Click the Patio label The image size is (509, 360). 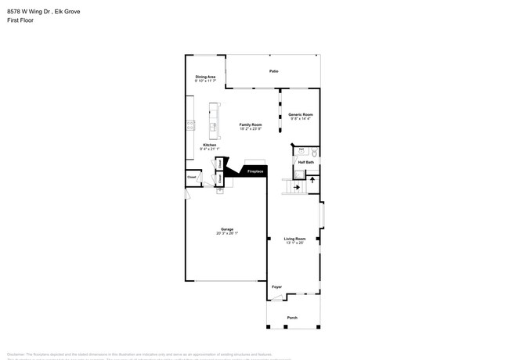274,71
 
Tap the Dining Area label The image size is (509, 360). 205,77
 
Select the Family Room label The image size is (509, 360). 251,124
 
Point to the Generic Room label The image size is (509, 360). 300,115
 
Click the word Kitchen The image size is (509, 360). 210,145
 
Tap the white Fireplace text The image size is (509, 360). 254,171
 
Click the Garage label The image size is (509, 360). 226,229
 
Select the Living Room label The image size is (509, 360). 294,239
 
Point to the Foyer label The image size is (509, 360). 276,287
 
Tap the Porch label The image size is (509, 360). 292,318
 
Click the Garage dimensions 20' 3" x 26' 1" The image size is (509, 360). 226,233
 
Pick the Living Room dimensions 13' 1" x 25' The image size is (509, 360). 294,243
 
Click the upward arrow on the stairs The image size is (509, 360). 312,179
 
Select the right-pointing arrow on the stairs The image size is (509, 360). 297,187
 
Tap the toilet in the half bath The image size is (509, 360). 313,153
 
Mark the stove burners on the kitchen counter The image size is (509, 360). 190,124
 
